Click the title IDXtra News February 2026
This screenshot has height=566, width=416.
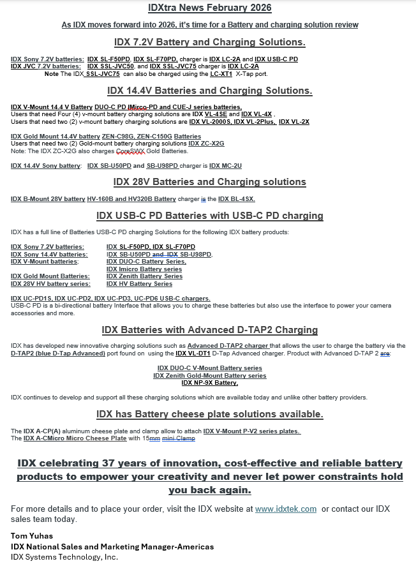click(209, 8)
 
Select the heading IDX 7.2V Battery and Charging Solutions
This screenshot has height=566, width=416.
click(209, 42)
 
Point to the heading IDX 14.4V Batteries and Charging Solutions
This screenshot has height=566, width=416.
click(209, 91)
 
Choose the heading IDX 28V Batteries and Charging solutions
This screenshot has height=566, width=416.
click(209, 182)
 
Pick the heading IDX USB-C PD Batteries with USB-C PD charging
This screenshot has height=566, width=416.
click(209, 216)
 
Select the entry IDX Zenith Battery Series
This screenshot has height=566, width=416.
click(144, 276)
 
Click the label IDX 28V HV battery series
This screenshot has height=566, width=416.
click(50, 284)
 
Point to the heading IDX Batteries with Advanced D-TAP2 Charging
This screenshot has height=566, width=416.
click(209, 330)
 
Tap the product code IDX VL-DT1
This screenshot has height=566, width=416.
click(193, 353)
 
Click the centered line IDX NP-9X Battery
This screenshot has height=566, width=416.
click(209, 383)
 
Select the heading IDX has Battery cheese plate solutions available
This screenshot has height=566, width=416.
click(209, 414)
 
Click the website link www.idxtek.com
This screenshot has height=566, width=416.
click(286, 509)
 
